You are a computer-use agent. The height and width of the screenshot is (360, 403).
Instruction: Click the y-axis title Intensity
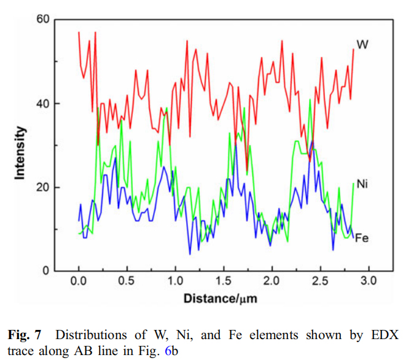20,152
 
